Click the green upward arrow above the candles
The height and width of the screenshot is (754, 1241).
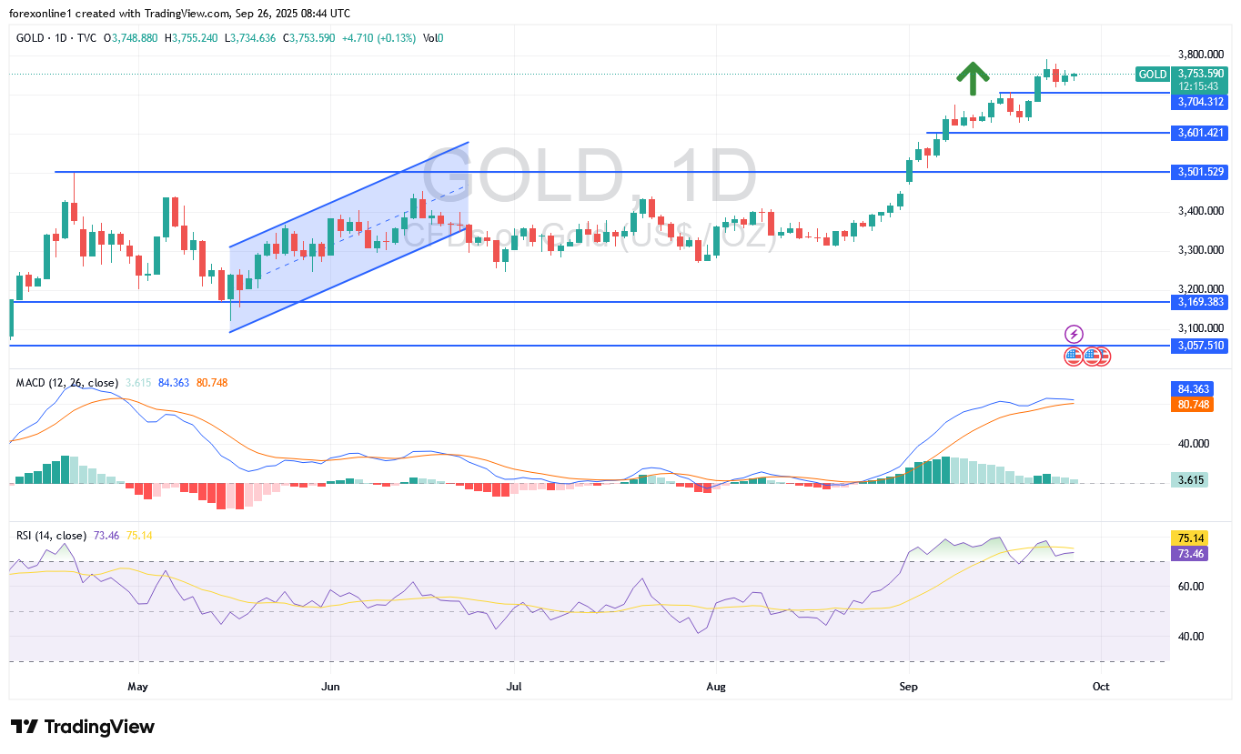pyautogui.click(x=973, y=78)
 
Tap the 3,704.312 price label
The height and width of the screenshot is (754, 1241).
pyautogui.click(x=1201, y=102)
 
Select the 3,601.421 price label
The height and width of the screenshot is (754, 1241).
pyautogui.click(x=1201, y=133)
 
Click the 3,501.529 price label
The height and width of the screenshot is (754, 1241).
pyautogui.click(x=1201, y=172)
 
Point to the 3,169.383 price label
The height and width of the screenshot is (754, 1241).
pyautogui.click(x=1201, y=301)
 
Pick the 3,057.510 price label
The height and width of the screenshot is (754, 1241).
pyautogui.click(x=1201, y=346)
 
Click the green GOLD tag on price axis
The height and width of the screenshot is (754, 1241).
pyautogui.click(x=1152, y=75)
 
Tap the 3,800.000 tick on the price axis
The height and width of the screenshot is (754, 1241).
pyautogui.click(x=1201, y=55)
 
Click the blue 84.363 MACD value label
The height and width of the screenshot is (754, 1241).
pyautogui.click(x=1190, y=388)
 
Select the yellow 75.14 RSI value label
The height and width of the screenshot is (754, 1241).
pyautogui.click(x=1188, y=538)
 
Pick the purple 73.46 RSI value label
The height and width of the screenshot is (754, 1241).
pyautogui.click(x=1188, y=553)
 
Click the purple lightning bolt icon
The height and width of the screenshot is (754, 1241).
pyautogui.click(x=1075, y=334)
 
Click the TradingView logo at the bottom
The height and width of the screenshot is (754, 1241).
pyautogui.click(x=84, y=727)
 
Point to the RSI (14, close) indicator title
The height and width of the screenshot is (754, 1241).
pyautogui.click(x=52, y=536)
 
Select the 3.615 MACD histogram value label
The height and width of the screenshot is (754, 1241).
pyautogui.click(x=1188, y=479)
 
